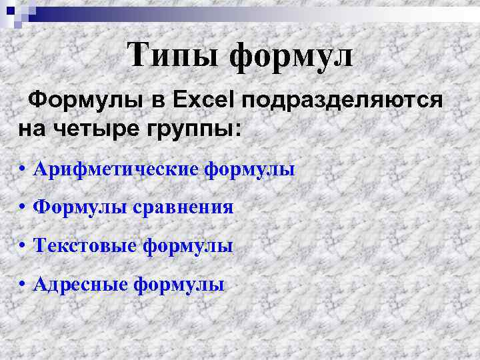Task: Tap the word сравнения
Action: coord(181,208)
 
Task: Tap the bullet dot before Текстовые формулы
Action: coord(23,247)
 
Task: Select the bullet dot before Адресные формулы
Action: coord(23,285)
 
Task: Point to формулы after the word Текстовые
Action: coord(188,246)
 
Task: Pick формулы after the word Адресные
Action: coord(179,285)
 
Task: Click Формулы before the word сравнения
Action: coord(77,208)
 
